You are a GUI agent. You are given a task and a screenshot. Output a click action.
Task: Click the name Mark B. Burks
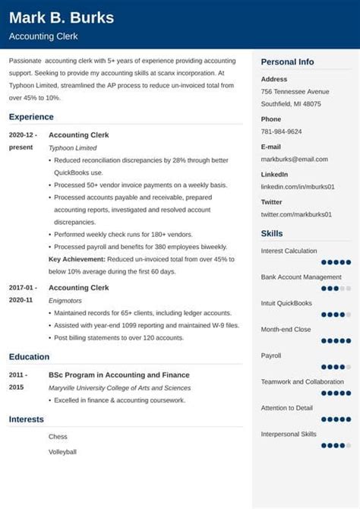pos(62,17)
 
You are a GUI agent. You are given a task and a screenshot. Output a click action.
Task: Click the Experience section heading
pos(31,117)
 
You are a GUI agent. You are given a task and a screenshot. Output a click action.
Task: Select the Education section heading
pos(29,356)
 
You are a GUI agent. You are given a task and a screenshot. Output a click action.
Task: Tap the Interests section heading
pos(27,419)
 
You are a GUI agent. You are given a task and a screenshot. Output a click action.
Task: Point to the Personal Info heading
pos(287,62)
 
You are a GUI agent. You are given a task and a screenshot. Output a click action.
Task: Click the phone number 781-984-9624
pos(281,131)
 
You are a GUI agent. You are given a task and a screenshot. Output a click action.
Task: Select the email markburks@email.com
pos(295,159)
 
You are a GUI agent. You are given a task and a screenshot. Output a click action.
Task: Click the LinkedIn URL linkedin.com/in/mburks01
pos(298,186)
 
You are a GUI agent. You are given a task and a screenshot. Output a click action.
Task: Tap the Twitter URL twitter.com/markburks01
pos(296,214)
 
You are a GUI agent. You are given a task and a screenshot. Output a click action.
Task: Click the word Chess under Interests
pos(58,437)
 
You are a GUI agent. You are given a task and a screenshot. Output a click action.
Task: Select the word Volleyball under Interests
pos(62,452)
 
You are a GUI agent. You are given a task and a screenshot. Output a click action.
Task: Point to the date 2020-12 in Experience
pos(22,134)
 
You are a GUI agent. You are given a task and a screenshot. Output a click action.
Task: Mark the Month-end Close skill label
pos(286,329)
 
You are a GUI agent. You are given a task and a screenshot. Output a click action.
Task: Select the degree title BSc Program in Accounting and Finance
pos(119,375)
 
